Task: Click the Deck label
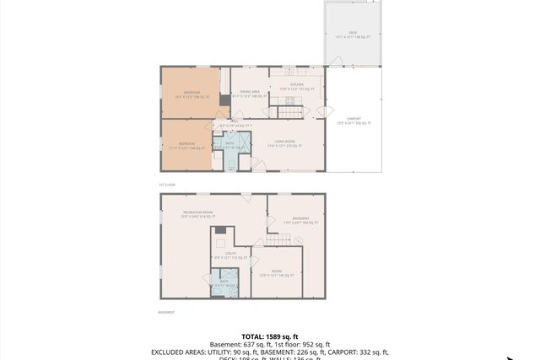pyautogui.click(x=353, y=35)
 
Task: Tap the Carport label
pyautogui.click(x=354, y=121)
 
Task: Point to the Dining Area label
pyautogui.click(x=249, y=94)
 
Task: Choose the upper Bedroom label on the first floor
pyautogui.click(x=192, y=94)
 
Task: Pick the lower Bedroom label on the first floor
pyautogui.click(x=187, y=146)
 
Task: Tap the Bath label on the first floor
pyautogui.click(x=229, y=146)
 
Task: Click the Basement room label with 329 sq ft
pyautogui.click(x=300, y=221)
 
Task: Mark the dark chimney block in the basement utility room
pyautogui.click(x=219, y=230)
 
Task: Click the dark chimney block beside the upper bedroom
pyautogui.click(x=224, y=99)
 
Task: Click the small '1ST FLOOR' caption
pyautogui.click(x=165, y=183)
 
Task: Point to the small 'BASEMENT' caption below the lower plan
pyautogui.click(x=167, y=312)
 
